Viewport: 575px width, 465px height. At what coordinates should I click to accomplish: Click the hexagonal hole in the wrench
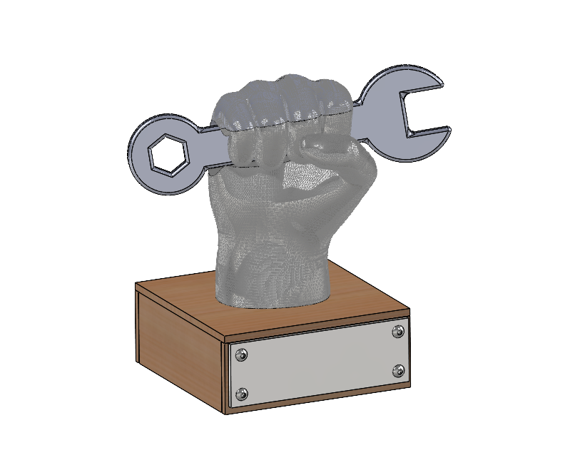168,153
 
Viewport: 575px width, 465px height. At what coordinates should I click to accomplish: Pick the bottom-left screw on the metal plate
243,393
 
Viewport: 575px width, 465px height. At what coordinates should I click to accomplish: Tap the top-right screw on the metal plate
398,331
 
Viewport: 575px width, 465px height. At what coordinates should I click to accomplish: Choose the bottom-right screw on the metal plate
398,370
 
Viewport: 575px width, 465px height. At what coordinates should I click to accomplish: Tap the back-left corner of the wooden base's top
136,285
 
